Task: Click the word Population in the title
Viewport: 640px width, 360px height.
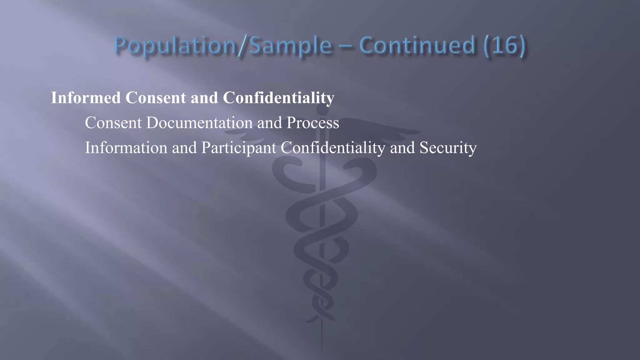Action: [x=175, y=46]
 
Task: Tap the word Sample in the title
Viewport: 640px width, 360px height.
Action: [x=291, y=46]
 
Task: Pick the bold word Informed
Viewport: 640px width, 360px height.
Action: [x=86, y=97]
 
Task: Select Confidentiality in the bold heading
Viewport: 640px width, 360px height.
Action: [x=278, y=97]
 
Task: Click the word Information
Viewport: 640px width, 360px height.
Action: [x=126, y=147]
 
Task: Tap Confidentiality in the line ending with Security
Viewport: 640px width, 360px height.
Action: [x=333, y=147]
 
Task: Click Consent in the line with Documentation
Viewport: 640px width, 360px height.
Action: [x=113, y=122]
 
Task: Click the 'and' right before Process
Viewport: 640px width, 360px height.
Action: [x=269, y=122]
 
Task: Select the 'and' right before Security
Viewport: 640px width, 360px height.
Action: [x=402, y=147]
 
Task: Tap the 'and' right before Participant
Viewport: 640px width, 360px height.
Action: [x=184, y=147]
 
